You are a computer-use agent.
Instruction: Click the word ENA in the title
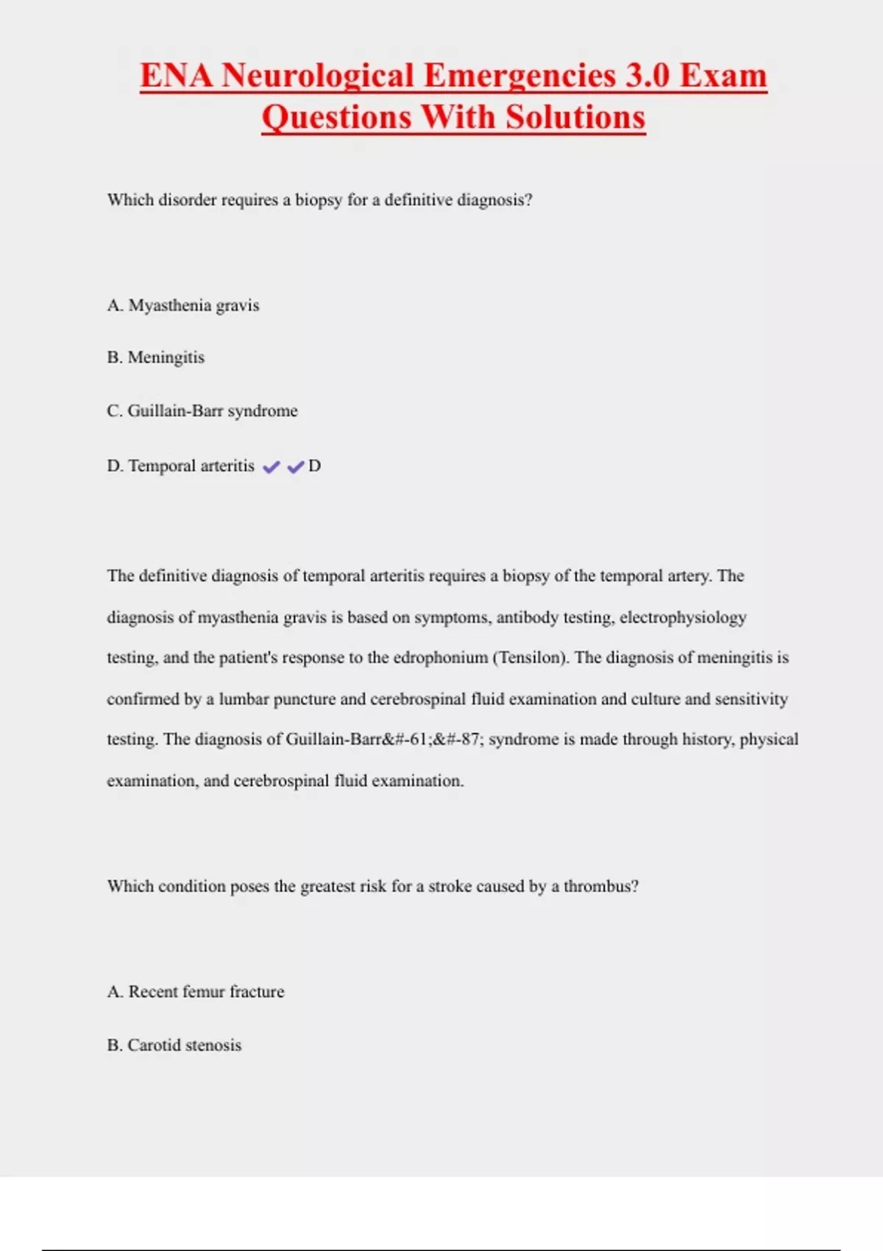coord(177,76)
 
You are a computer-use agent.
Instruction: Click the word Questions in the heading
coord(336,118)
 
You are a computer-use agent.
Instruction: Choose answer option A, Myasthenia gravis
coord(183,305)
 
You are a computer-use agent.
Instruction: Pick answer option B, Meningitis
coord(156,358)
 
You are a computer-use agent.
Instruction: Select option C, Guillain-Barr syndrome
coord(202,411)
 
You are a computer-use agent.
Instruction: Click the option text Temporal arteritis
coord(191,466)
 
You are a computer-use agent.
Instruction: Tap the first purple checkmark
coord(272,467)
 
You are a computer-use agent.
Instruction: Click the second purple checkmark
coord(296,467)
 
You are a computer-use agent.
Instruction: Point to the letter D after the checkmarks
coord(314,466)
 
